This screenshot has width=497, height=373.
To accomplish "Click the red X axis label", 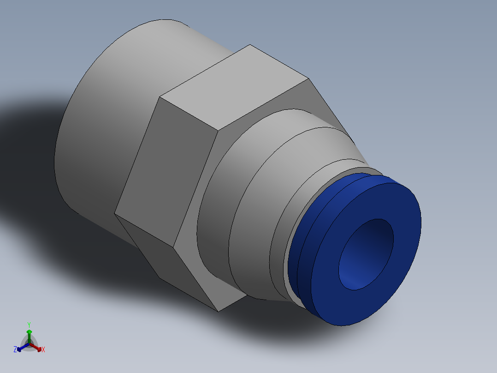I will click(43, 350).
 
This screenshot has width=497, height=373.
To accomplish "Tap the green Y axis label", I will click(29, 324).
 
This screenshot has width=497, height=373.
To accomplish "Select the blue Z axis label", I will click(15, 350).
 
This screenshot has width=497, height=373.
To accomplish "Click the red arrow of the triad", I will click(39, 348).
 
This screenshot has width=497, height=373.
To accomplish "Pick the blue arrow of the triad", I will click(20, 349).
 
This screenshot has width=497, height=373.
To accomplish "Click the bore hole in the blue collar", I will click(367, 254).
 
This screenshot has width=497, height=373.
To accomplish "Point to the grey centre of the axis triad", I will click(29, 344).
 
